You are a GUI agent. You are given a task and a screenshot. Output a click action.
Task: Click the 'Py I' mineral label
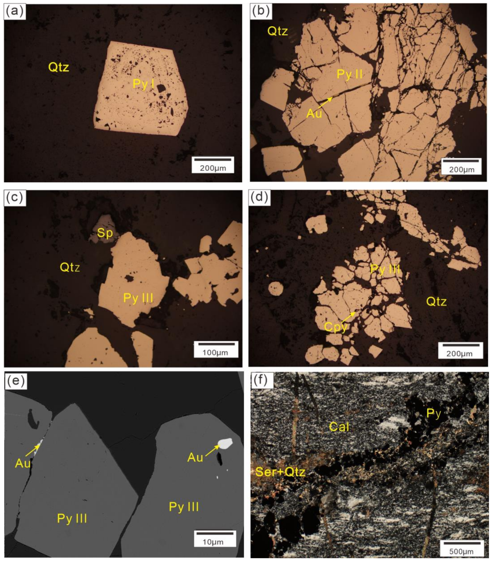pos(143,84)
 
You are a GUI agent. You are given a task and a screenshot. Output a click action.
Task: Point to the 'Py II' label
pos(349,74)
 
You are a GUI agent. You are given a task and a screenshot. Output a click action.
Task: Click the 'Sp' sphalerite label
pos(105,233)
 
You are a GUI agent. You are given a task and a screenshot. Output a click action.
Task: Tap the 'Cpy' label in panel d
pos(336,327)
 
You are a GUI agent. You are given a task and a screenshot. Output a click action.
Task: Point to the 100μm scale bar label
pos(215,353)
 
